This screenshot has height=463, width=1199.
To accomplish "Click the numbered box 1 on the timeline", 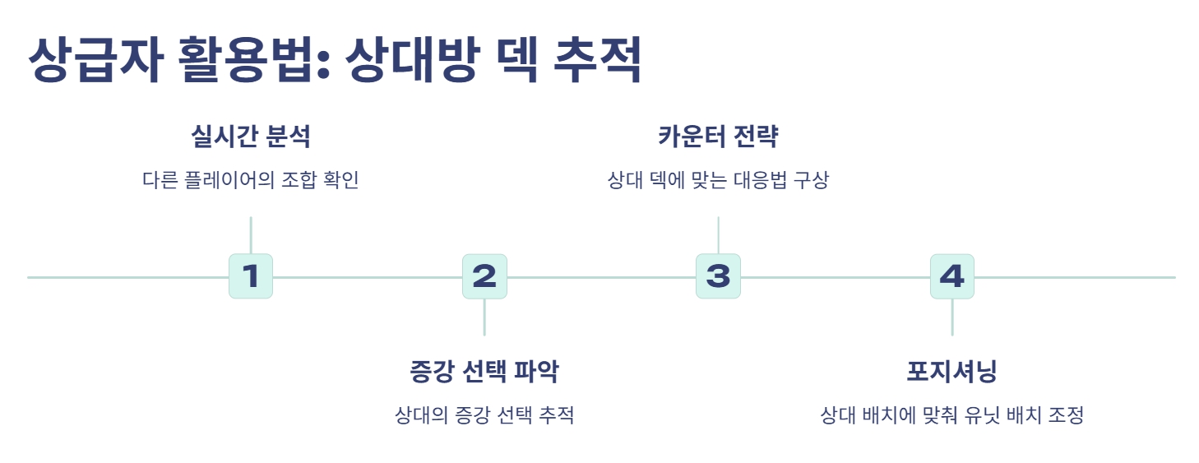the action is [x=250, y=276].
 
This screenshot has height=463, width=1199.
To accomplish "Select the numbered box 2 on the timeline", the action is [x=484, y=276].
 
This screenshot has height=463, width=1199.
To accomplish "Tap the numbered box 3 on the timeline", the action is [x=718, y=276].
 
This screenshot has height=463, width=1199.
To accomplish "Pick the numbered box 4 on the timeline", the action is [x=951, y=276].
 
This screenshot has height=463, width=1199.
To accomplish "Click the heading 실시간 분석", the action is [x=250, y=137].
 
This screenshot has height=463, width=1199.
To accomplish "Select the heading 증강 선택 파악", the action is [x=484, y=372].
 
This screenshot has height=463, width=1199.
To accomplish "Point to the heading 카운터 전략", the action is [x=718, y=137].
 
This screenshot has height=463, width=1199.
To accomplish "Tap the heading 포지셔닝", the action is [x=951, y=372].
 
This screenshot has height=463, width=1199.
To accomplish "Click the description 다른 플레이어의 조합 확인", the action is [x=250, y=181].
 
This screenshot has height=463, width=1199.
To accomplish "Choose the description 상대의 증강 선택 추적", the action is [x=484, y=415].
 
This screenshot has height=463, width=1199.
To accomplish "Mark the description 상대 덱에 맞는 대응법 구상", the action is [x=718, y=181].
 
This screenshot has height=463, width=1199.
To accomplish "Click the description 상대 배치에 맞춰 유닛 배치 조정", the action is [x=951, y=415].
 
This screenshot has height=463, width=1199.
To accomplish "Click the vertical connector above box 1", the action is [x=250, y=235].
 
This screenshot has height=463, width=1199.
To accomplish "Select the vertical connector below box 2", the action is [x=484, y=317].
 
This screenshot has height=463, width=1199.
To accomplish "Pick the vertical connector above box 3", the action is [x=718, y=235].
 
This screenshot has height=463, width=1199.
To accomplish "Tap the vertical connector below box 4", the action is [x=951, y=317].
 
